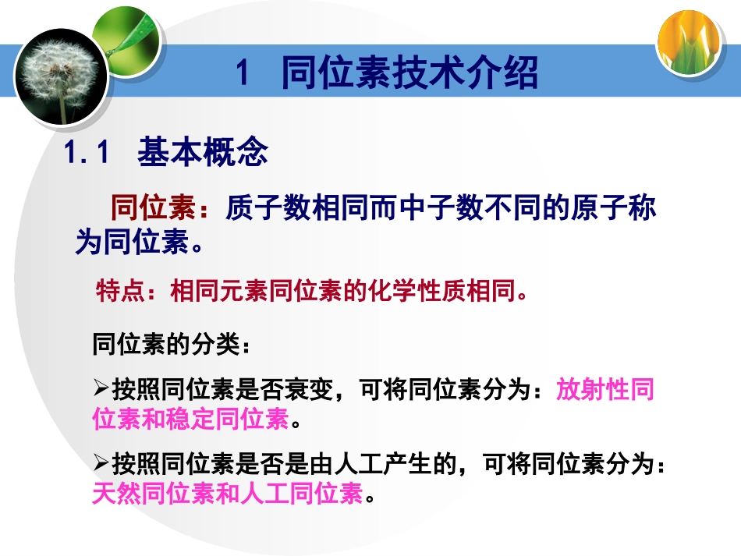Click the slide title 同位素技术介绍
point(409,75)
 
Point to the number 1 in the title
point(242,76)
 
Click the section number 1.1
point(86,153)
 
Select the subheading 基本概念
point(203,152)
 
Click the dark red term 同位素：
point(161,209)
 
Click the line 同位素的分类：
point(172,344)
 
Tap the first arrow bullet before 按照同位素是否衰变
point(101,388)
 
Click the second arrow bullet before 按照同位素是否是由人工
point(101,466)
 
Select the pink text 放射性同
point(605,389)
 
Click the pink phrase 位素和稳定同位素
point(190,419)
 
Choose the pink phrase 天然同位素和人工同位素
point(227,494)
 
